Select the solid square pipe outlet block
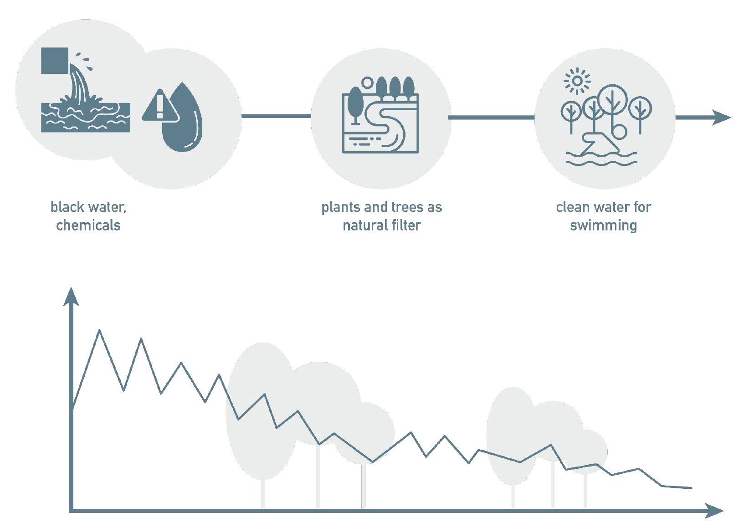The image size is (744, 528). click(55, 61)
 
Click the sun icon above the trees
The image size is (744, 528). click(577, 81)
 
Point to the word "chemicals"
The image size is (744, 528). click(88, 225)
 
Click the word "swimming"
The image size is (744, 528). click(603, 226)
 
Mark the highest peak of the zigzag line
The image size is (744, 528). click(100, 330)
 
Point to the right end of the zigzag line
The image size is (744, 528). click(691, 488)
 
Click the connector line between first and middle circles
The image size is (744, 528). click(276, 116)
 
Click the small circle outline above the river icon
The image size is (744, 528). click(367, 83)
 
